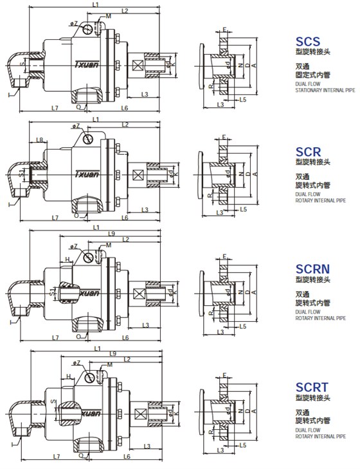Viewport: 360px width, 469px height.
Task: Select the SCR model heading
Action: coord(307,152)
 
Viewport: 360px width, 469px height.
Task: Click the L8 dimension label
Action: coord(40,139)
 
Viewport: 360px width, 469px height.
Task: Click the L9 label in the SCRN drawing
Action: coord(112,234)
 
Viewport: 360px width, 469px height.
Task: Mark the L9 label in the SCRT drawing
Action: coord(113,354)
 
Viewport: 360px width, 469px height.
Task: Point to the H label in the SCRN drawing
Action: coord(67,259)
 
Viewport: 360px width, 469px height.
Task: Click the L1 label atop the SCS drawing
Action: coord(95,4)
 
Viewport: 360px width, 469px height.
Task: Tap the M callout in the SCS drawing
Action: coord(107,15)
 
